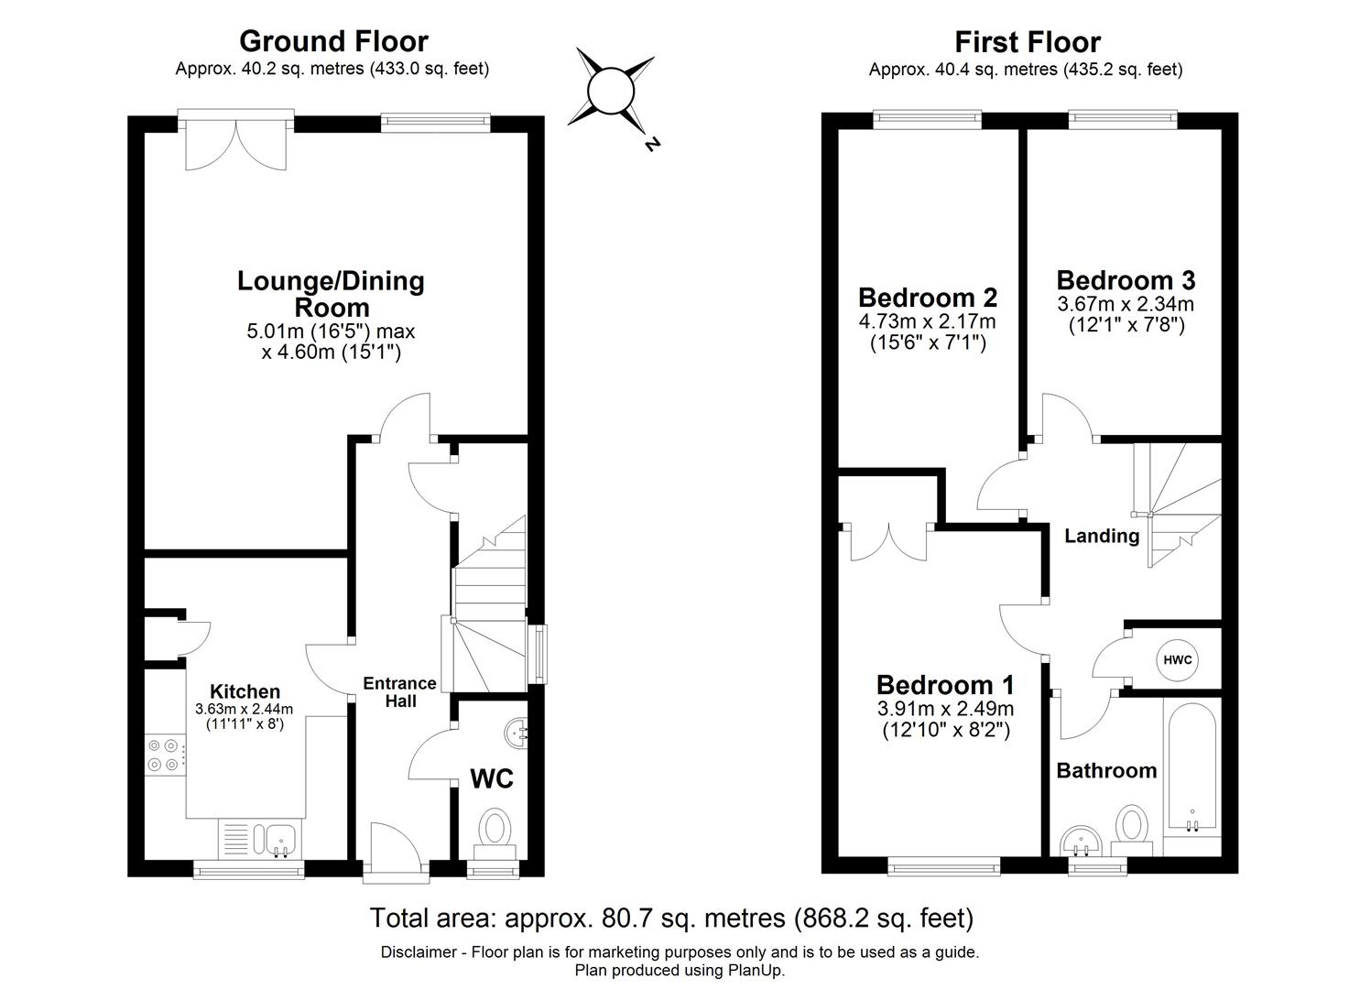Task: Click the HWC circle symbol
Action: pos(1177,660)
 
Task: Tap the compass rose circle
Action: pos(611,92)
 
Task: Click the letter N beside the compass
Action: pos(652,145)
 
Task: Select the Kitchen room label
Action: pos(245,690)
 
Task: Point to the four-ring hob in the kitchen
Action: pos(165,755)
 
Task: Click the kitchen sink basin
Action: pos(280,839)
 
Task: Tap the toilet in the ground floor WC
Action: pos(495,834)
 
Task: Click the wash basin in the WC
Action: pos(517,733)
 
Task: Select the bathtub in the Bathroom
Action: pos(1191,767)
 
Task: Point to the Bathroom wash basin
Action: pos(1082,841)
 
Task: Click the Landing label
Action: pos(1102,536)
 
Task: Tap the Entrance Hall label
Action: pos(399,692)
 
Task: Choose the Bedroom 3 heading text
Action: pos(1126,280)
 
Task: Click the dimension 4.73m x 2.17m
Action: pos(927,321)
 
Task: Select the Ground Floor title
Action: pos(334,41)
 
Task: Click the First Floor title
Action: pos(1028,42)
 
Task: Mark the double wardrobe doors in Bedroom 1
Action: pos(889,541)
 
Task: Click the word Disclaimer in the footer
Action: pos(419,952)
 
